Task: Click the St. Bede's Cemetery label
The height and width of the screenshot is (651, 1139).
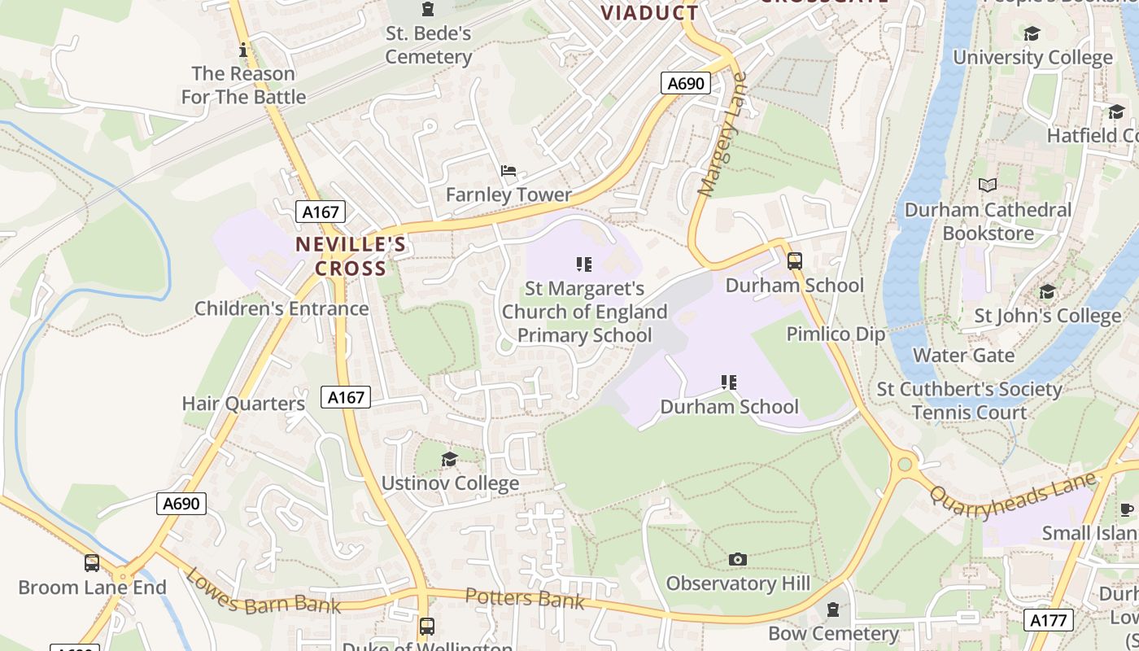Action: (428, 46)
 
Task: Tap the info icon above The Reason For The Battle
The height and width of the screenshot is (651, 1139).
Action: (242, 50)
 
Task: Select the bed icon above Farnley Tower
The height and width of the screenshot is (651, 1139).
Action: (508, 171)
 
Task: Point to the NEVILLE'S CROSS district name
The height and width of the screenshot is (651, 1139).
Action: (351, 256)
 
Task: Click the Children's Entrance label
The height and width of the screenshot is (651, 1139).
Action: (281, 309)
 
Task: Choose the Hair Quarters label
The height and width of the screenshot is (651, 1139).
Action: (243, 404)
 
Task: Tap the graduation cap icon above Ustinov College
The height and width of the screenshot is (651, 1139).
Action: (449, 460)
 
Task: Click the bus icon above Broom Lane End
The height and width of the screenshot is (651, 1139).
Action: (92, 562)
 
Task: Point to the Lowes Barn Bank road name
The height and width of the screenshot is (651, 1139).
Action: (251, 592)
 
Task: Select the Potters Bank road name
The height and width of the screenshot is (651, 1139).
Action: (525, 599)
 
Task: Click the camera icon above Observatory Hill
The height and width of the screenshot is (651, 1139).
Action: (738, 559)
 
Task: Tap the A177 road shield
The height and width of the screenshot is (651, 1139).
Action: (1048, 620)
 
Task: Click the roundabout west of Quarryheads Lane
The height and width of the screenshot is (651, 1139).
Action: (904, 465)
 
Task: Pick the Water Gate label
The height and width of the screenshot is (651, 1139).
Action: (963, 356)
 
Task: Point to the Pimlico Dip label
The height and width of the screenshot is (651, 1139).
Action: (836, 334)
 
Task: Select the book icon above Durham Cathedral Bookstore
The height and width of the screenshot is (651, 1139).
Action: (988, 186)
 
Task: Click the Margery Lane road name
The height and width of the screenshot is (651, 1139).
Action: (722, 135)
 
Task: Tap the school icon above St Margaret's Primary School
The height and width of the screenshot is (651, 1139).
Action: (583, 264)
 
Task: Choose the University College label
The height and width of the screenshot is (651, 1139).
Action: (1032, 58)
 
